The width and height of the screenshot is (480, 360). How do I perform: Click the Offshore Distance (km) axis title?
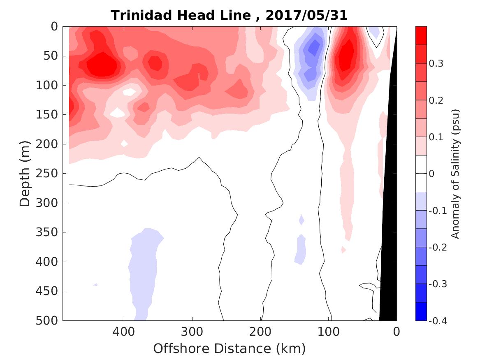230,348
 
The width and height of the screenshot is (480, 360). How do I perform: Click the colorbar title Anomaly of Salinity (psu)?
455,174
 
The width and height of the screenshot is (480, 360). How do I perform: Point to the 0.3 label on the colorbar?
436,64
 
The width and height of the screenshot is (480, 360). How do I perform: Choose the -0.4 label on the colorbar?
438,321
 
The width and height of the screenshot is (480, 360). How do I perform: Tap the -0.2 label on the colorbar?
438,247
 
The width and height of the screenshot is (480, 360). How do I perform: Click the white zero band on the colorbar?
421,173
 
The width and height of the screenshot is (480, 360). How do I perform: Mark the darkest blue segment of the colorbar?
421,311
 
